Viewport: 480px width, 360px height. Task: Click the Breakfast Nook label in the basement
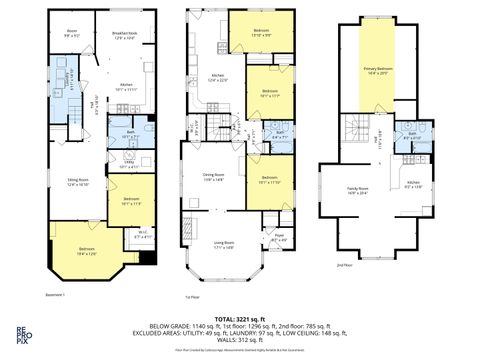click(x=125, y=35)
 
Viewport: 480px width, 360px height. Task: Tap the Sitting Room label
click(x=78, y=183)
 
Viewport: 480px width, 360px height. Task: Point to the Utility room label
click(x=127, y=165)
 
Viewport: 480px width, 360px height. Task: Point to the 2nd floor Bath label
click(x=412, y=137)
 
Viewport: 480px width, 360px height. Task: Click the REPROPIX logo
click(x=20, y=334)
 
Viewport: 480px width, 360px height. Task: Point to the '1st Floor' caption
click(x=194, y=297)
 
